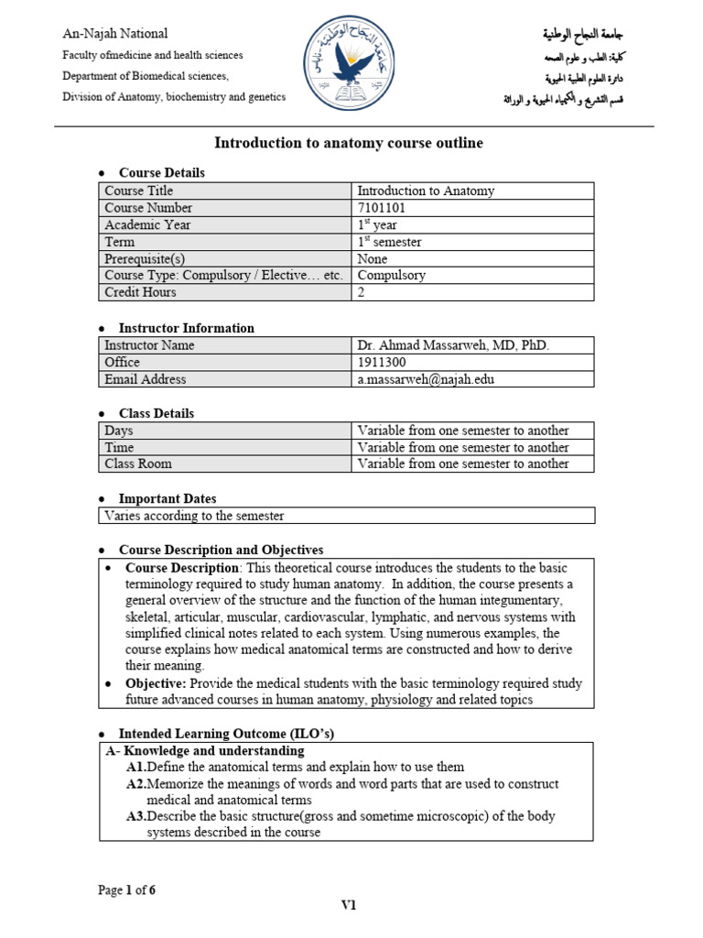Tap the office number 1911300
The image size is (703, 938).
pyautogui.click(x=381, y=363)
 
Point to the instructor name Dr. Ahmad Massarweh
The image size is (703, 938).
pyautogui.click(x=453, y=345)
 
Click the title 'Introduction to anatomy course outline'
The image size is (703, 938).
pyautogui.click(x=349, y=143)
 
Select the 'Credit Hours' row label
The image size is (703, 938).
pyautogui.click(x=140, y=292)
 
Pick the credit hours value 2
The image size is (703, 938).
pyautogui.click(x=362, y=292)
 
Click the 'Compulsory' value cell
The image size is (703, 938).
pyautogui.click(x=391, y=275)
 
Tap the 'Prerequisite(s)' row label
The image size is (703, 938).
pyautogui.click(x=145, y=258)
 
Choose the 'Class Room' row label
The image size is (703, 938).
pyautogui.click(x=138, y=464)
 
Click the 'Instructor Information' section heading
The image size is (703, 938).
pyautogui.click(x=187, y=328)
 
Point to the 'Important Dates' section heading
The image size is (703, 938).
pyautogui.click(x=168, y=499)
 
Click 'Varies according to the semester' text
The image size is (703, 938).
pyautogui.click(x=194, y=516)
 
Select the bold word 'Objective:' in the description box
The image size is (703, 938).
pyautogui.click(x=156, y=683)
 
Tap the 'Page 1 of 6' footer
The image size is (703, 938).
pyautogui.click(x=126, y=889)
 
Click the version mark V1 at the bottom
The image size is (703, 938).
pyautogui.click(x=349, y=906)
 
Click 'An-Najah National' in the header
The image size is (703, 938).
pyautogui.click(x=114, y=34)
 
